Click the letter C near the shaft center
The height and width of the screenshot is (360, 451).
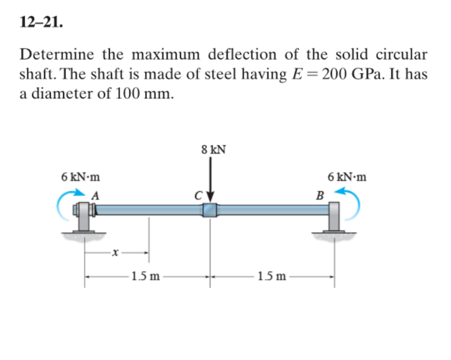[199, 196]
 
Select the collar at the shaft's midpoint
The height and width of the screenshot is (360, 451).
[209, 209]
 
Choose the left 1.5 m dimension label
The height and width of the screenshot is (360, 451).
[146, 277]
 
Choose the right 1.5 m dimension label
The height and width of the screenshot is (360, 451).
[272, 277]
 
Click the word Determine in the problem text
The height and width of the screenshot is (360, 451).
[55, 55]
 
